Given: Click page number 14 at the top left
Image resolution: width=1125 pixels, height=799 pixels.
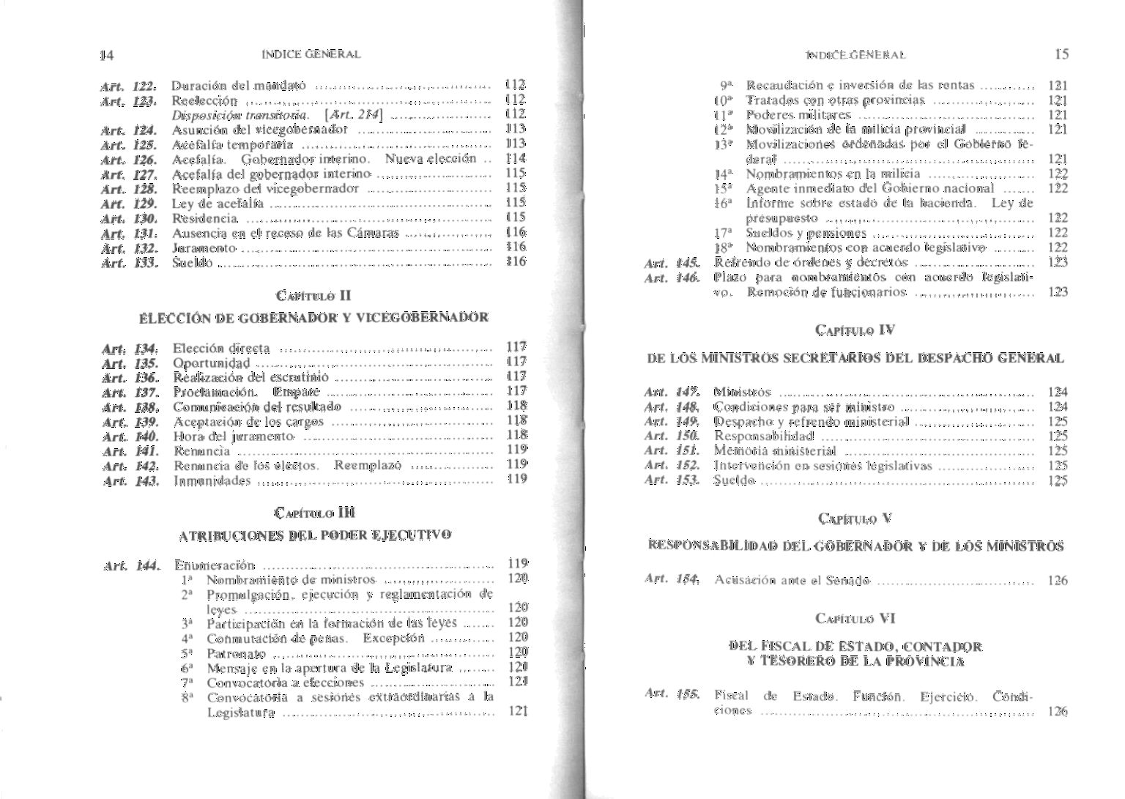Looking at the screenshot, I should click(107, 55).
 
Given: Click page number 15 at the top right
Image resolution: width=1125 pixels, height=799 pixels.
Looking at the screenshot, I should click(1061, 54).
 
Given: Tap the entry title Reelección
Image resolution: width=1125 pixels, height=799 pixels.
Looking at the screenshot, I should click(204, 100).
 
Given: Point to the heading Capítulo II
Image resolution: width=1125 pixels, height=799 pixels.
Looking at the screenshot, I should click(313, 296).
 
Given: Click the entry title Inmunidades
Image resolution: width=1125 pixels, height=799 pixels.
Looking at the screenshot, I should click(212, 481).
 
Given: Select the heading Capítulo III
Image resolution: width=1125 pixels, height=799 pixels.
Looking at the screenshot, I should click(313, 513).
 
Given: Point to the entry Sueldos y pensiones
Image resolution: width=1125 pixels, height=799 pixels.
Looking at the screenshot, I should click(806, 234).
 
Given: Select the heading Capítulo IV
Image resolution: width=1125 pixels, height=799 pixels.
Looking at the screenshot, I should click(855, 330).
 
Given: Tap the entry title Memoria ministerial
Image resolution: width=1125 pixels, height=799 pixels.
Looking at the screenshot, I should click(774, 451).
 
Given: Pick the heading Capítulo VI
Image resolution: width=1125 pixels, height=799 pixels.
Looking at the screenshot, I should click(855, 618).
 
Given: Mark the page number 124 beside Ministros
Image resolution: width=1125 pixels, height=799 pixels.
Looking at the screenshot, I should click(1057, 392).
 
